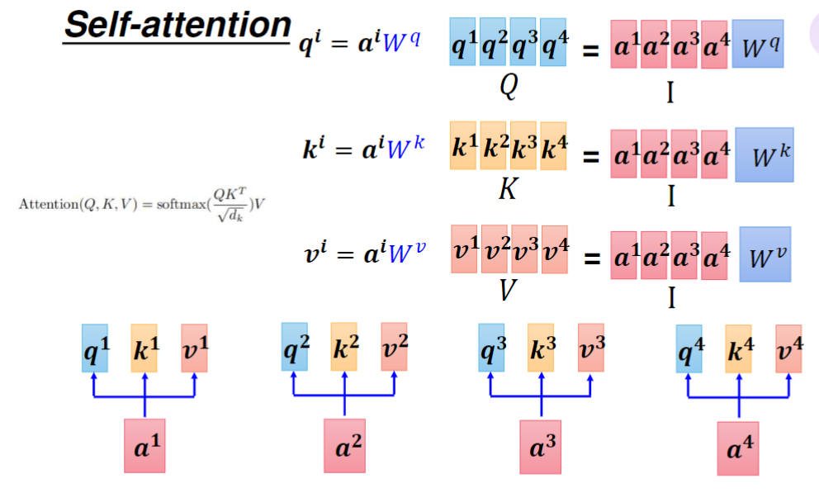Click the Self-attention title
(177, 25)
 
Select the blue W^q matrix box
(760, 46)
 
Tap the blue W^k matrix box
(764, 154)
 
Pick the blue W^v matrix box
(765, 254)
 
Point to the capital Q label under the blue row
(509, 86)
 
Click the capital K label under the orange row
(508, 190)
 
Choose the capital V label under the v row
(508, 290)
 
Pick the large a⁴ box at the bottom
(738, 448)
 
